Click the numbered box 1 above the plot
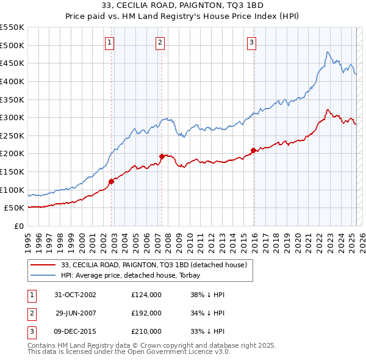pos(109,42)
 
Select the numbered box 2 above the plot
pos(159,42)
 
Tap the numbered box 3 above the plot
pos(251,42)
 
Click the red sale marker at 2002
pos(112,181)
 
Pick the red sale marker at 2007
pos(162,156)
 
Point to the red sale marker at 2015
pos(253,149)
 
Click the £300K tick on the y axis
pos(12,117)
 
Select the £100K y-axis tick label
pos(12,190)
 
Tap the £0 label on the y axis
pos(19,226)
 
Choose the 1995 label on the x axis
pos(28,240)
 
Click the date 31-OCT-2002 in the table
pos(75,295)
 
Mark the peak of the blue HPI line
pos(328,52)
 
